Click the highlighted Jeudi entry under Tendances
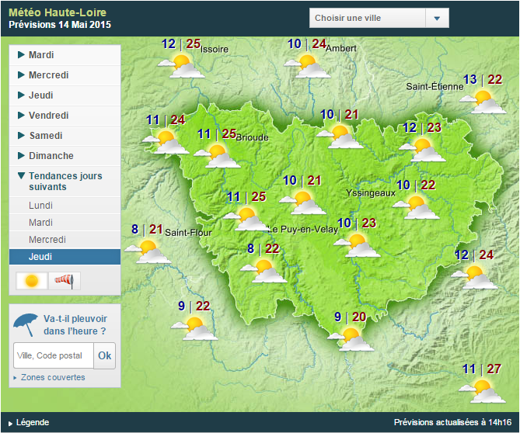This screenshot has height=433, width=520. [65, 257]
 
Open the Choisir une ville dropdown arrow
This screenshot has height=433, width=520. [437, 19]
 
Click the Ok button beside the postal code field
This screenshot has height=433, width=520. [104, 355]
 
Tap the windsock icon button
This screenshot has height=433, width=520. [65, 280]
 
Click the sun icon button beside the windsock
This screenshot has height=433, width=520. [33, 280]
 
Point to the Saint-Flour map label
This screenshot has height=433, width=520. [188, 232]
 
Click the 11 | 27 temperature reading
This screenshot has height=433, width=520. [482, 369]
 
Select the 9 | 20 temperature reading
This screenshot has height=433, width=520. [350, 317]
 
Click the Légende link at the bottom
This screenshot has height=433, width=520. [32, 422]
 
